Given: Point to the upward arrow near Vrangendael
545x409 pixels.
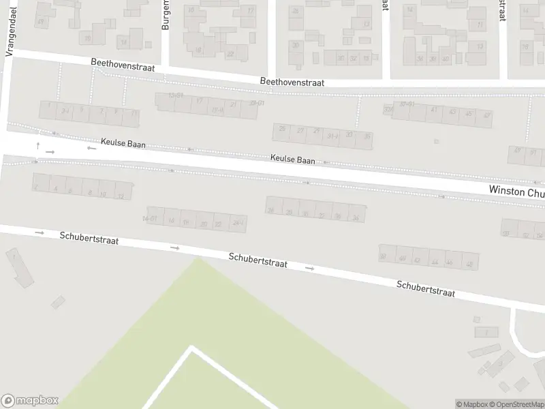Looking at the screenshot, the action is (x=38, y=146).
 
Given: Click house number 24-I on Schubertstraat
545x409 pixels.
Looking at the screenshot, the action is (x=238, y=222).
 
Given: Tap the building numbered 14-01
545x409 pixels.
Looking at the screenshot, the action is (x=150, y=218).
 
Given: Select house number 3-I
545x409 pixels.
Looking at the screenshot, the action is (x=65, y=110).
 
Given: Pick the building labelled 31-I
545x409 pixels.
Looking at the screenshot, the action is (x=332, y=136).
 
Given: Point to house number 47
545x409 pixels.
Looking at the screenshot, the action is (x=486, y=115).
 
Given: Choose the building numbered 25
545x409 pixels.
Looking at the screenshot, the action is (x=283, y=128).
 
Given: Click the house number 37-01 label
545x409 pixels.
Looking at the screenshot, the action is (x=407, y=104).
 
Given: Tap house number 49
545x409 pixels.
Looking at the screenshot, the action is (x=518, y=151).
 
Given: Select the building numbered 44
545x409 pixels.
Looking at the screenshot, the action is (x=433, y=261).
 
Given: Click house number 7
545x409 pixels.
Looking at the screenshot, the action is (x=101, y=111).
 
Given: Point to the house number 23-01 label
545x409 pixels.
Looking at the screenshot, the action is (x=257, y=103).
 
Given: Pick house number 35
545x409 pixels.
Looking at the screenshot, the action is (x=368, y=137).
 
